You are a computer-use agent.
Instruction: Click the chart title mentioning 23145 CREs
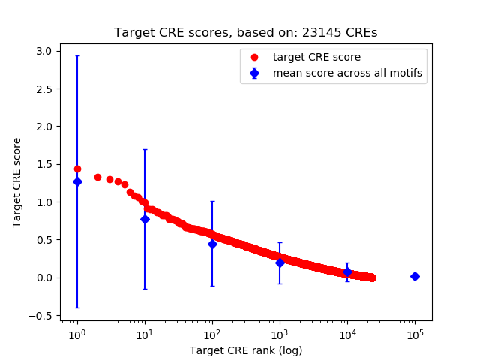(x=245, y=33)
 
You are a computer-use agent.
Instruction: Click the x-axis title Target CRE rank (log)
(x=245, y=350)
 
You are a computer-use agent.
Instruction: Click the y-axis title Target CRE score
(x=17, y=182)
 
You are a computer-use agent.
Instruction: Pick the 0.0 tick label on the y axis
(x=43, y=277)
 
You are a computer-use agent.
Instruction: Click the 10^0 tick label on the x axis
(x=76, y=334)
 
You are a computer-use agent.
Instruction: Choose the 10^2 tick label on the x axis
(x=212, y=334)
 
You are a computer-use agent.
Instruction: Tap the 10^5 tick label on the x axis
(x=415, y=334)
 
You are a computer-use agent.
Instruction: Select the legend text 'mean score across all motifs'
(x=346, y=73)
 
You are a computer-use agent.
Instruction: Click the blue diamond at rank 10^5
(x=415, y=276)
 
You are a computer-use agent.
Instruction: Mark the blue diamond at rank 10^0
(x=77, y=181)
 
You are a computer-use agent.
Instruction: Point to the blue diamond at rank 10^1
(x=145, y=219)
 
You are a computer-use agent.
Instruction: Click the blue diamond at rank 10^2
(x=212, y=244)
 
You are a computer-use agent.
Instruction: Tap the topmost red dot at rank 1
(x=77, y=169)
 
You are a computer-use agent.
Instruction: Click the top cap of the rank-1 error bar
(x=77, y=55)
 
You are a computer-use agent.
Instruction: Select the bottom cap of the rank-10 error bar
(x=145, y=289)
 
